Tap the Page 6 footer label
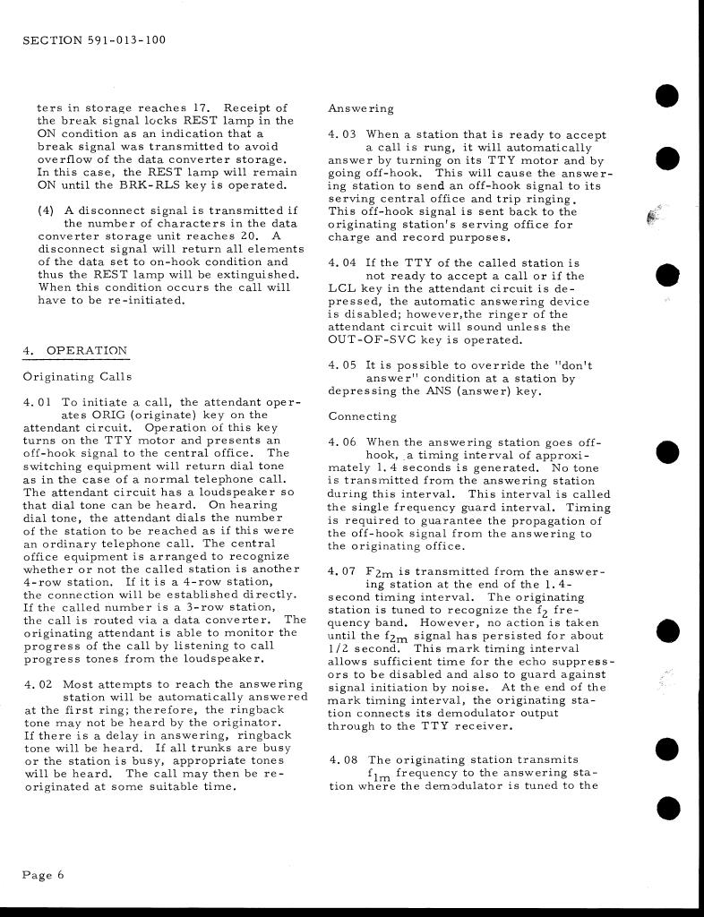pyautogui.click(x=44, y=875)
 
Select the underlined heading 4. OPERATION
pyautogui.click(x=75, y=350)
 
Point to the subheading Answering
pyautogui.click(x=361, y=108)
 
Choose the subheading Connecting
pyautogui.click(x=363, y=416)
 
